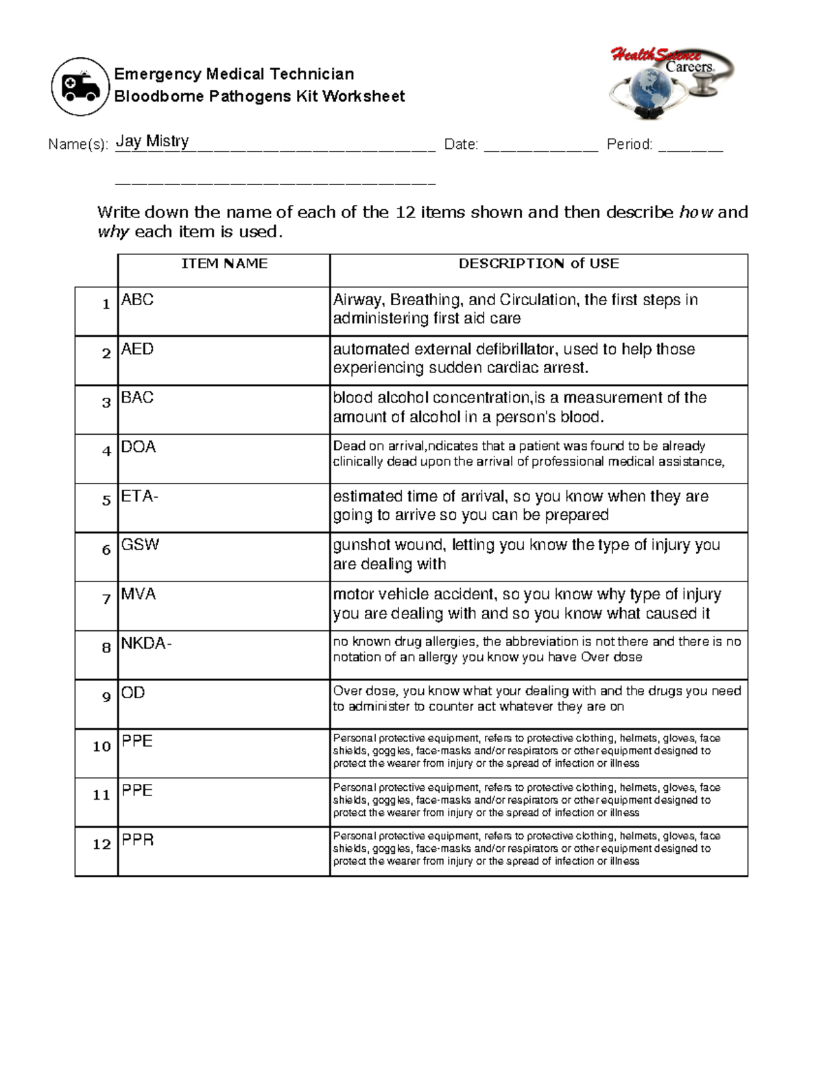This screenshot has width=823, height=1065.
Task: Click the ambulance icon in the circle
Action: tap(80, 87)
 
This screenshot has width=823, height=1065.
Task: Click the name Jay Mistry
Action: tap(152, 141)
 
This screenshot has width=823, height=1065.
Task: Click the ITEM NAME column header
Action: tap(224, 264)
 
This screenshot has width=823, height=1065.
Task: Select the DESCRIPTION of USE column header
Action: tap(538, 264)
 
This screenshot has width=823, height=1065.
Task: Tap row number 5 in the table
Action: tap(106, 501)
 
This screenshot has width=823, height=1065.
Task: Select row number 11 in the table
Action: tap(102, 795)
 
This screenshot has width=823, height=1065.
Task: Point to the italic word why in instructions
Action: tap(113, 232)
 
